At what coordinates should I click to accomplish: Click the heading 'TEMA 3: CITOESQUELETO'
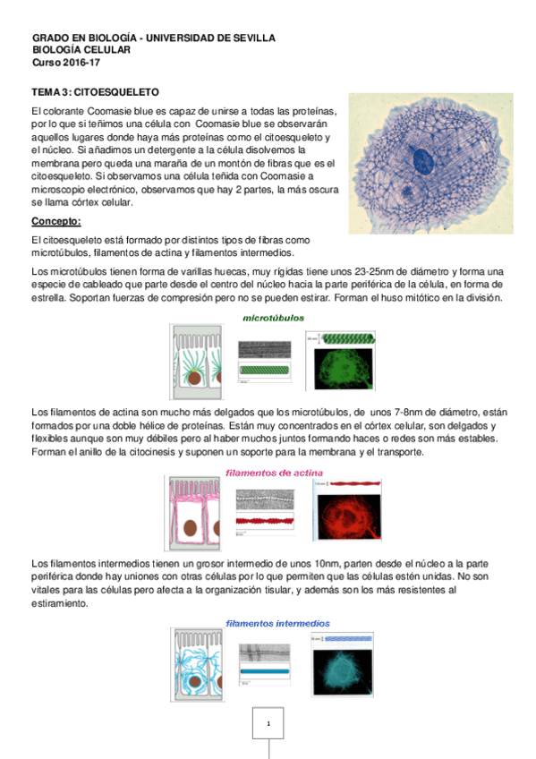tap(95, 91)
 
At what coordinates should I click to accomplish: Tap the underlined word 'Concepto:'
tap(56, 221)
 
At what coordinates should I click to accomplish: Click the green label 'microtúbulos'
tap(274, 318)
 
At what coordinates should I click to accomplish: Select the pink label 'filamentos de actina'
tap(274, 473)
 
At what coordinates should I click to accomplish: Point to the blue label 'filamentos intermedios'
tap(277, 623)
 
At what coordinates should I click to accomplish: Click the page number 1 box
tap(268, 724)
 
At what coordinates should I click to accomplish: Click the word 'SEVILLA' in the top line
tap(253, 39)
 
